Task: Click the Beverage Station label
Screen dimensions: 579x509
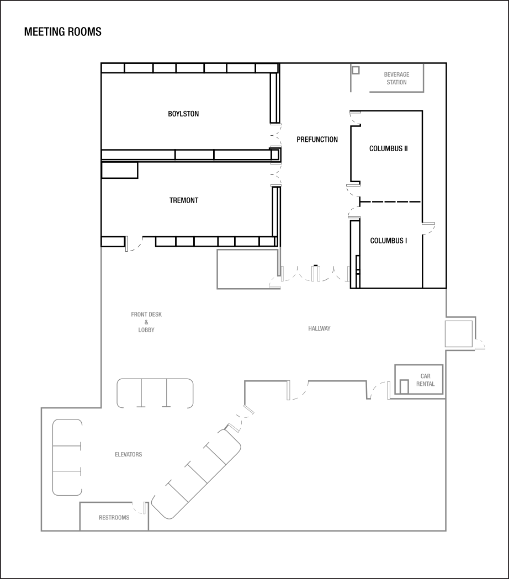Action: pos(396,78)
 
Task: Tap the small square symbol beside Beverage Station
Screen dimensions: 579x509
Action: pos(356,70)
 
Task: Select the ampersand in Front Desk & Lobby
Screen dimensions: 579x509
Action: pos(146,322)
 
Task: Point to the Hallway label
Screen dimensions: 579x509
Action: pos(319,329)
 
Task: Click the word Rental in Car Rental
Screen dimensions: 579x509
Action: pos(425,384)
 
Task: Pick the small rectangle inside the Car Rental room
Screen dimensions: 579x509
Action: pos(404,386)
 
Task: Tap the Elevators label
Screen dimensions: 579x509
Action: pos(128,455)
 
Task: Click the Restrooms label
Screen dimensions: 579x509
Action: pos(114,518)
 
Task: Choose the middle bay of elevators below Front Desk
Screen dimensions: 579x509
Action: pos(155,393)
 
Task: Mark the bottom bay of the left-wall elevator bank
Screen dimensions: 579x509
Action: pos(67,484)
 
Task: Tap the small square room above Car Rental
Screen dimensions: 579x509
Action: pos(459,333)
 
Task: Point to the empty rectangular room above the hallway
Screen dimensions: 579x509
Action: pos(247,269)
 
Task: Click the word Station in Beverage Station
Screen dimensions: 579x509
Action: pos(396,82)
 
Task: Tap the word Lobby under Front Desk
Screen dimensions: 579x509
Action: pos(146,330)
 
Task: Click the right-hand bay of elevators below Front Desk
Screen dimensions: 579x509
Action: pos(180,393)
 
